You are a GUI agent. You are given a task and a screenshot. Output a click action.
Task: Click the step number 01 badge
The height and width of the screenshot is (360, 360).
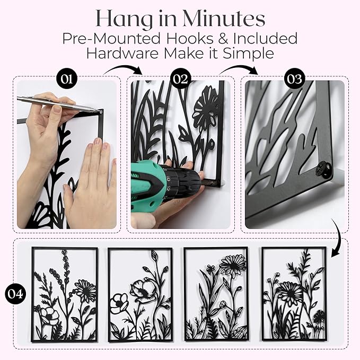click(x=67, y=79)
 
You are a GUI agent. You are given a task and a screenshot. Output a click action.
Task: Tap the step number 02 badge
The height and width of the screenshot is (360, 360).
click(x=181, y=79)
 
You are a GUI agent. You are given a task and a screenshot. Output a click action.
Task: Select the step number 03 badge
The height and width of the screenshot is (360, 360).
click(x=295, y=79)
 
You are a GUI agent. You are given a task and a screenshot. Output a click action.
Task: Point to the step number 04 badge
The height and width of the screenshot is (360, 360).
click(x=15, y=294)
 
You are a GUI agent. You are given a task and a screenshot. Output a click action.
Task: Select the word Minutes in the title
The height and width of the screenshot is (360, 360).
click(x=224, y=19)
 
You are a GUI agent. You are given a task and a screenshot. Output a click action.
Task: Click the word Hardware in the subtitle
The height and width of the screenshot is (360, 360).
click(x=122, y=53)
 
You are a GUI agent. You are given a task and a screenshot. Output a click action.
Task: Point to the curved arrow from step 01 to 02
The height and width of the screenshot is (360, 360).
click(x=123, y=68)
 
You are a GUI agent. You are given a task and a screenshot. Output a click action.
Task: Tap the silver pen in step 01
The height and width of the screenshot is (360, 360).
click(x=60, y=104)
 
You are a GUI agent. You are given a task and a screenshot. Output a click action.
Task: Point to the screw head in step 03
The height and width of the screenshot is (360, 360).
click(x=323, y=170)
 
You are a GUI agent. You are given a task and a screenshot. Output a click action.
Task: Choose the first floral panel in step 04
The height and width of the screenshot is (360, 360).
click(x=65, y=294)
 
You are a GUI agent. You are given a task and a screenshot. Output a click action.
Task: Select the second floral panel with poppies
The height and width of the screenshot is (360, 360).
click(x=141, y=294)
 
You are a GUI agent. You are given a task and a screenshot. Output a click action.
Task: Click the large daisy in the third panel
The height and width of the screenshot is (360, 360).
click(x=233, y=265)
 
